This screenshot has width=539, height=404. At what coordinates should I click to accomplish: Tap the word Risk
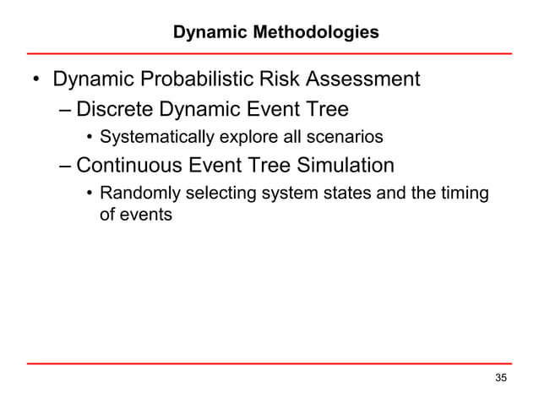[x=282, y=80]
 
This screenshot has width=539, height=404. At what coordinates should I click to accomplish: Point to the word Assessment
[x=364, y=80]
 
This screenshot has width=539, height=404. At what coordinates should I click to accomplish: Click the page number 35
[x=502, y=377]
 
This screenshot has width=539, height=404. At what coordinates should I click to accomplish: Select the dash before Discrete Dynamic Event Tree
[x=66, y=111]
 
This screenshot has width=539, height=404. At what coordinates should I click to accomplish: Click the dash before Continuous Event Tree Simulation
[x=66, y=165]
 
